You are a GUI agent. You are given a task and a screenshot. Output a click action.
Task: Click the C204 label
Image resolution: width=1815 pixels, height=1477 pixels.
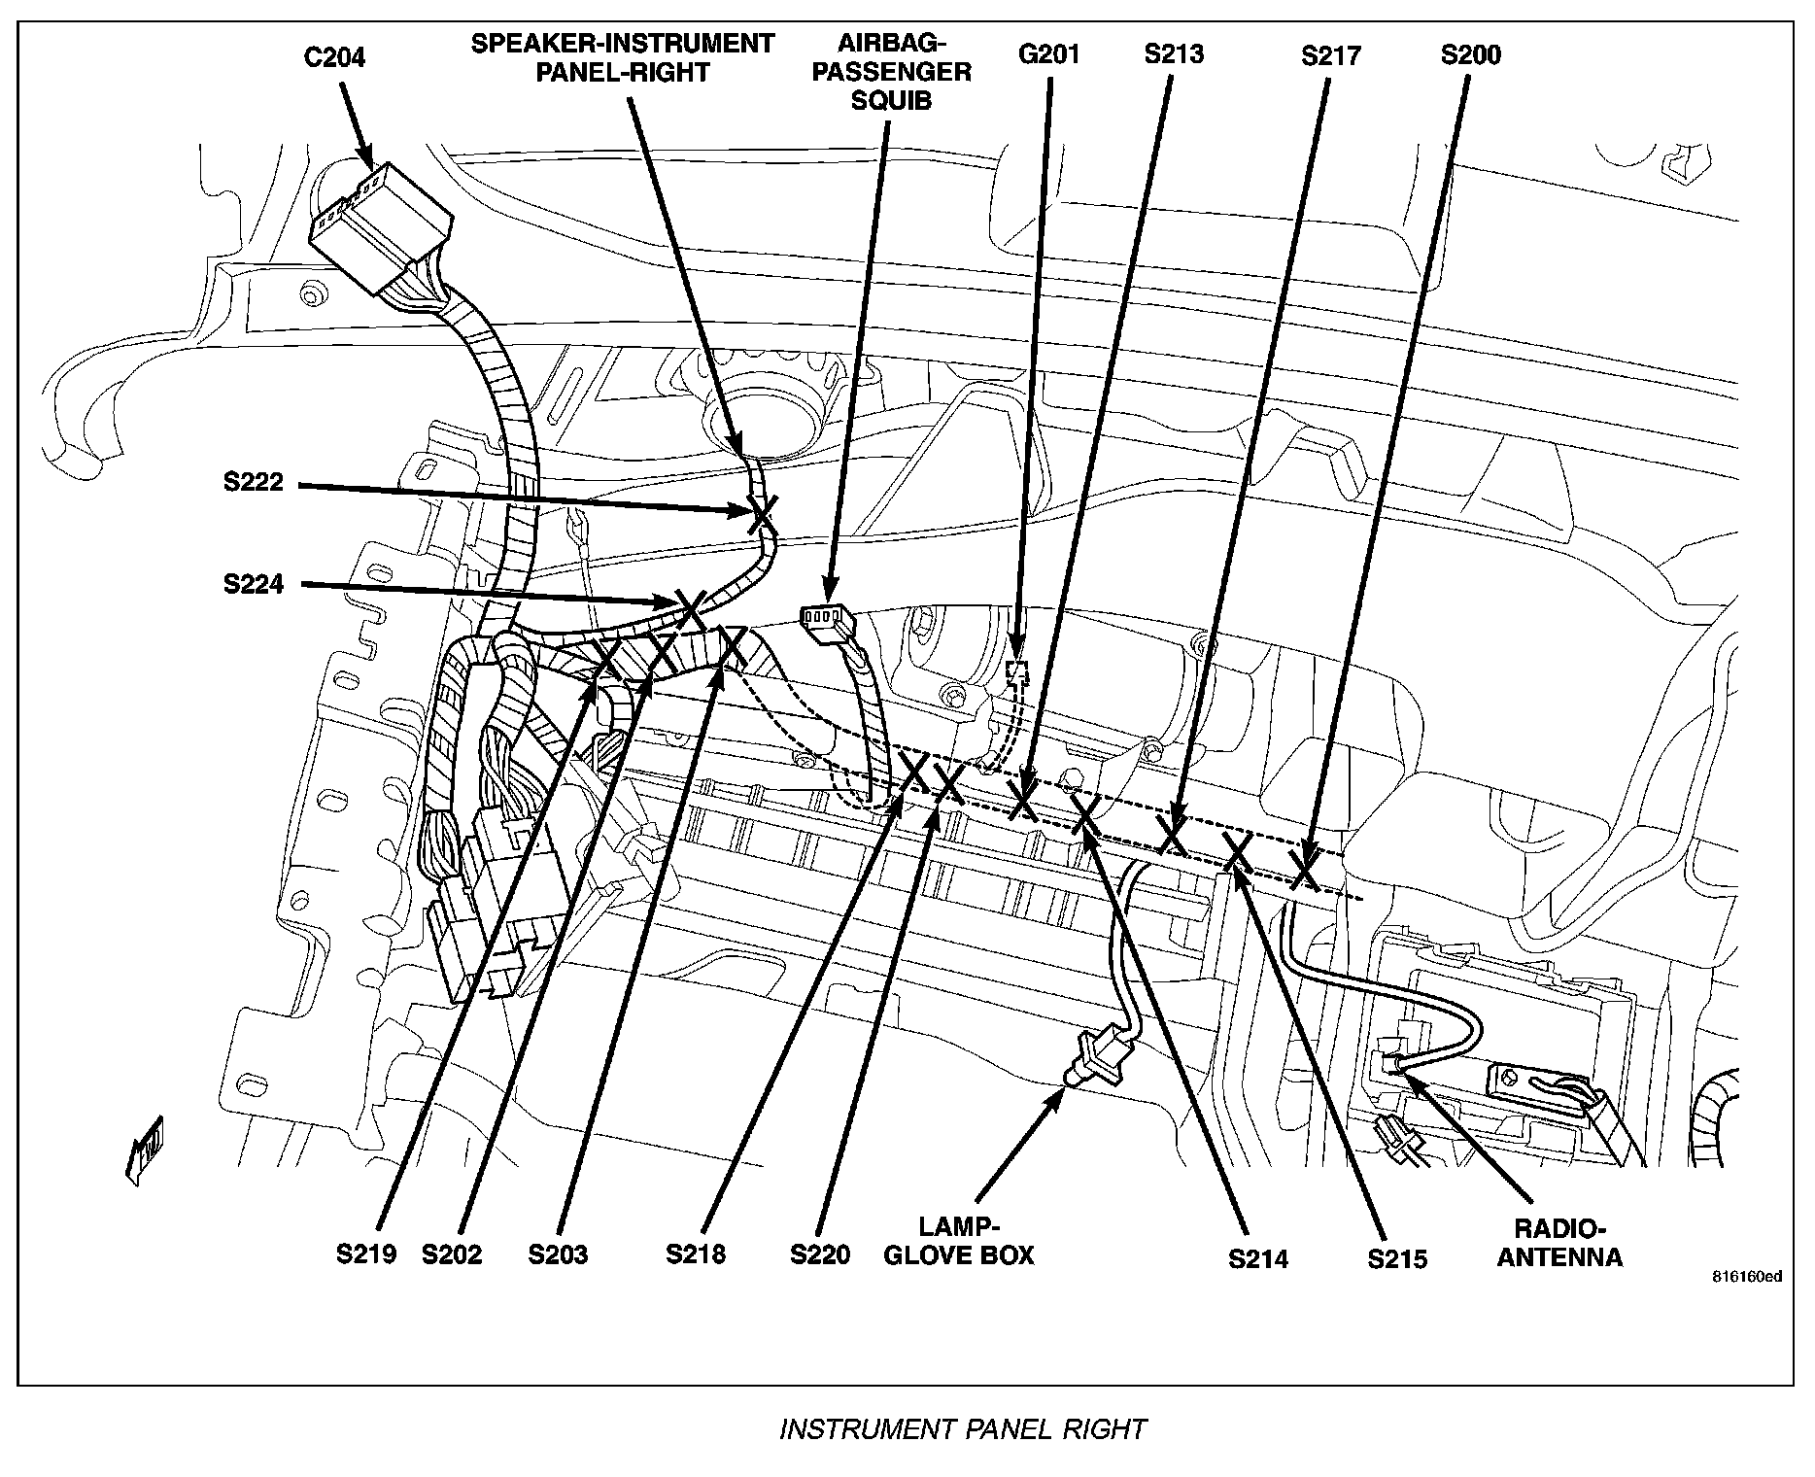334,57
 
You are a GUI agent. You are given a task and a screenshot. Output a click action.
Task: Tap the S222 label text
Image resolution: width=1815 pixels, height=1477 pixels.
254,483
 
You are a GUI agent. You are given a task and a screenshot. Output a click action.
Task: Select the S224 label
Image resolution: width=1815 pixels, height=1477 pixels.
254,584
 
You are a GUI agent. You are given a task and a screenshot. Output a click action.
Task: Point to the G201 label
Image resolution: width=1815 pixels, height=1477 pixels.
1048,53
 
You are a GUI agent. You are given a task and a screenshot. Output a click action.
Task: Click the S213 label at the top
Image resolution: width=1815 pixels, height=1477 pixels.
1174,53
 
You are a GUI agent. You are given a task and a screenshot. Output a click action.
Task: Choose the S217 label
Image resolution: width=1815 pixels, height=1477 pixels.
1331,56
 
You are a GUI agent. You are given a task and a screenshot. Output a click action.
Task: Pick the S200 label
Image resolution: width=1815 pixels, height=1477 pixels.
1470,54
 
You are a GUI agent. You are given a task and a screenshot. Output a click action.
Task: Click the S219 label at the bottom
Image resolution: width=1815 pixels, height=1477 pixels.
366,1254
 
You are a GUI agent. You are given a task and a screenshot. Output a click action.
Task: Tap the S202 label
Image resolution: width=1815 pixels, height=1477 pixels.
452,1254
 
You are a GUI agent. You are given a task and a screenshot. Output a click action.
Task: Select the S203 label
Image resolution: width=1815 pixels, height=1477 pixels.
558,1254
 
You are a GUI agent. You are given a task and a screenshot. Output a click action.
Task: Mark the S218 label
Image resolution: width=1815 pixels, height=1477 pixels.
696,1254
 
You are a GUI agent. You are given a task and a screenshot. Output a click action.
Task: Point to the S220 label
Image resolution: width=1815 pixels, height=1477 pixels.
820,1254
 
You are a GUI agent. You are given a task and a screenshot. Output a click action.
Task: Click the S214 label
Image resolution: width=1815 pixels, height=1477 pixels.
1258,1258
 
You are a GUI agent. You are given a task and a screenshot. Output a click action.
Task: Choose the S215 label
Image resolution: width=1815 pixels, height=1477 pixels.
1397,1258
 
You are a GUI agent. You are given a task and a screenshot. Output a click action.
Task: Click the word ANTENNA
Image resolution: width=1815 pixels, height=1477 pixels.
1559,1257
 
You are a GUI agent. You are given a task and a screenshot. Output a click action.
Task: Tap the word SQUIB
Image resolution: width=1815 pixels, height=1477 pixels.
891,100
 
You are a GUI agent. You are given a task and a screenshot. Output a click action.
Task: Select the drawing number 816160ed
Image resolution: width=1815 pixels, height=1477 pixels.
1747,1303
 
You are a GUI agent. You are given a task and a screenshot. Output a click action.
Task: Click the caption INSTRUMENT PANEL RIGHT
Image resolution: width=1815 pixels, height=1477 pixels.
963,1429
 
